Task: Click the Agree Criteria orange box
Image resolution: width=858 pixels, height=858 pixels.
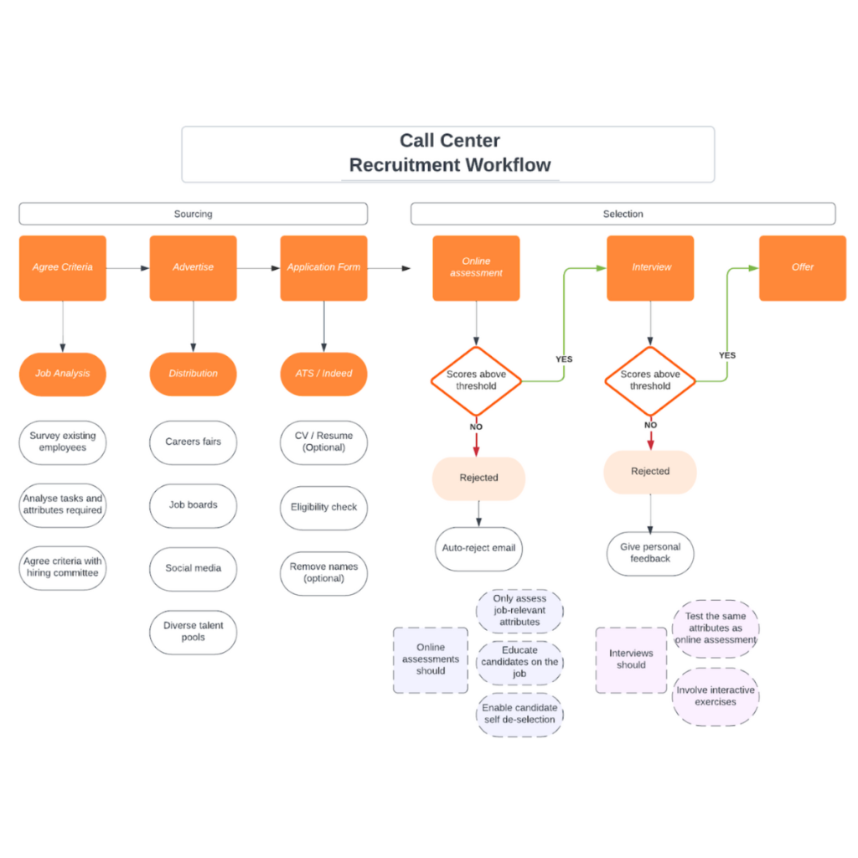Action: pos(62,268)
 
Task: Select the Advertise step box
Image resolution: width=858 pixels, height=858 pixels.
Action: pos(194,268)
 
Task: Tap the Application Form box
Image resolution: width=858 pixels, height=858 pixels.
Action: pos(324,268)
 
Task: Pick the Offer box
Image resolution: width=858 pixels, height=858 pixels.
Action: pos(803,268)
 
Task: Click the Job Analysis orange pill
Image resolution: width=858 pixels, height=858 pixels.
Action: pos(62,374)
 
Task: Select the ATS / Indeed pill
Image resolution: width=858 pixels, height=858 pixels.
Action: pos(324,374)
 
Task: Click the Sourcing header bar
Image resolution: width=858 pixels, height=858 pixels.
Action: pos(194,214)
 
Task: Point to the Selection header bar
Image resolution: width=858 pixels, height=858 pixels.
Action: pos(623,214)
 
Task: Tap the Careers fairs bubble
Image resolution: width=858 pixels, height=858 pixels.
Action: pos(194,442)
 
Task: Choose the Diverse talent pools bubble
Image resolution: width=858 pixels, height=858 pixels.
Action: pos(194,632)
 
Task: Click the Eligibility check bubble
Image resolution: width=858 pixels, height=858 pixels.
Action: pos(324,508)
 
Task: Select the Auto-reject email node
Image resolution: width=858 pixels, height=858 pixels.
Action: pos(478,549)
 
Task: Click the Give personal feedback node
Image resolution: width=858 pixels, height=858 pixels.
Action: pos(650,553)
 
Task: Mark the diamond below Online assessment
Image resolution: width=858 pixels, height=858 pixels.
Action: pos(476,381)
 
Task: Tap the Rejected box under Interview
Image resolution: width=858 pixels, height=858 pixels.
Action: pos(650,472)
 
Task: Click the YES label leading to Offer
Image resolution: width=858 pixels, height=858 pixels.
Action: pos(727,355)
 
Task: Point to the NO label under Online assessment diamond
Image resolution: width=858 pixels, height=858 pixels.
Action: pos(476,426)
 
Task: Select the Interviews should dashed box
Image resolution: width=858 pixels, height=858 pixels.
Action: pos(632,660)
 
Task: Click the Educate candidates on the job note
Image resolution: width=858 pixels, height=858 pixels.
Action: pos(519,662)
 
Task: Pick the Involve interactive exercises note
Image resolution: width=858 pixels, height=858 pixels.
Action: pos(716,696)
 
